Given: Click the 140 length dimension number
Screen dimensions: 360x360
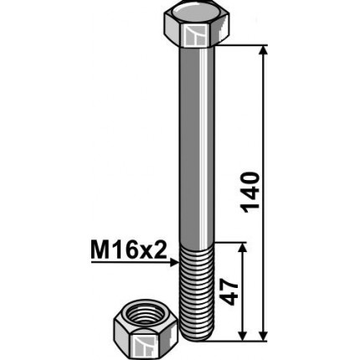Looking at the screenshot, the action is (250, 193).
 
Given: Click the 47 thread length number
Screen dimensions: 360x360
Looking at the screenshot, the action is (229, 292).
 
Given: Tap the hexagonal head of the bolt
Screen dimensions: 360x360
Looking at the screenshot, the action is (197, 27).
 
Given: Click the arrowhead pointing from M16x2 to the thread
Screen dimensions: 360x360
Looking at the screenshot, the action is (174, 263).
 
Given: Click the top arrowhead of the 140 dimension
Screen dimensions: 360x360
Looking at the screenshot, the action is (264, 50).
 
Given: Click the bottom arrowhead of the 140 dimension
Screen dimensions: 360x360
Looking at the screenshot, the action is (264, 336).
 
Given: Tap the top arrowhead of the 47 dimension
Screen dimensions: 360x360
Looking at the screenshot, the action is (243, 248).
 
